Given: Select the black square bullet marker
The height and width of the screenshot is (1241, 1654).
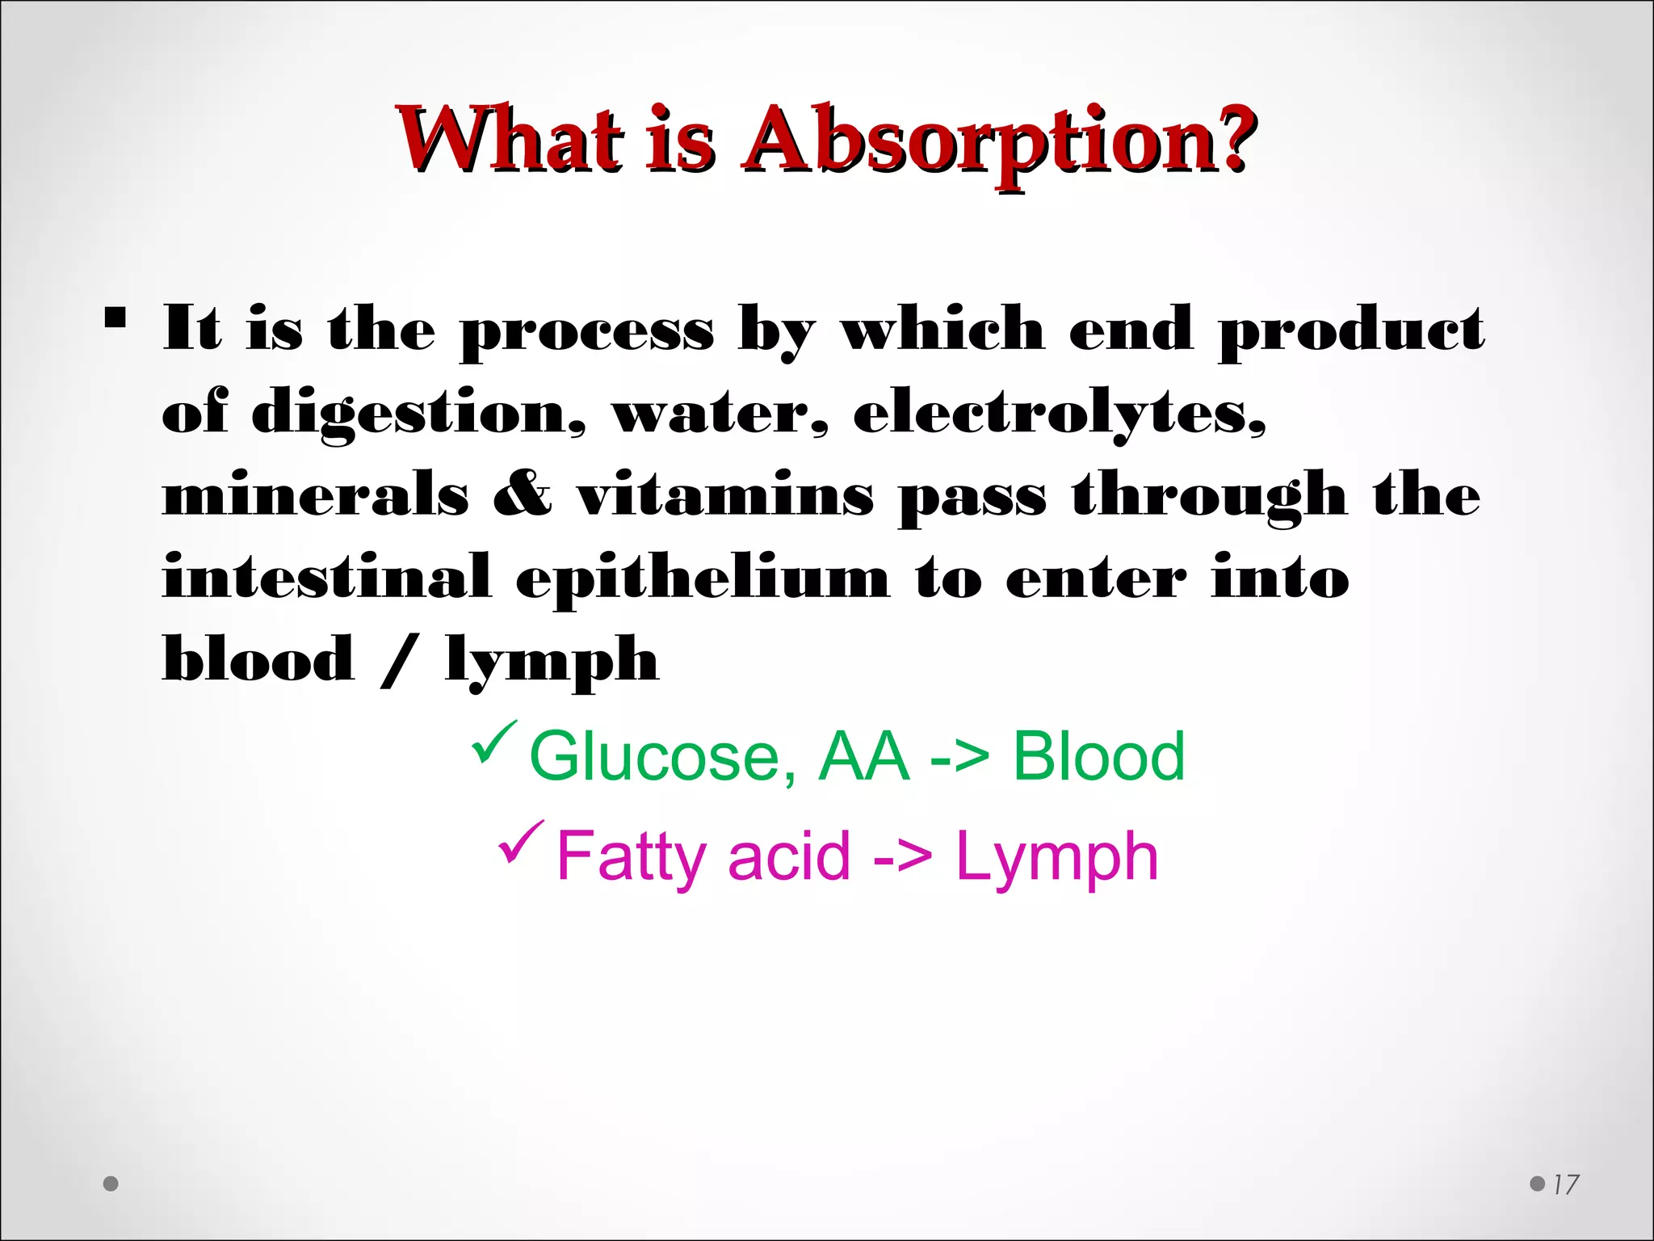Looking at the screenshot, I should tap(115, 318).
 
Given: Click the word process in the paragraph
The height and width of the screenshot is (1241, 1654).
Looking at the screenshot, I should tap(587, 331).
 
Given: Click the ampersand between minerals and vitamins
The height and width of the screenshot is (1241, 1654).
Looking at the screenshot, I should tap(523, 494).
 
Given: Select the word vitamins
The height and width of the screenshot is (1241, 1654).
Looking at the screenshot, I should tap(724, 494).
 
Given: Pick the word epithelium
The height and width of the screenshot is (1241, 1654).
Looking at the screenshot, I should tap(703, 578).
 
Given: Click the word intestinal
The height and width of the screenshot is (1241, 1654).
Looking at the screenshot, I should tap(326, 577).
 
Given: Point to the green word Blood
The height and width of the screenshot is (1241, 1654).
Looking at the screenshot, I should tap(1098, 756).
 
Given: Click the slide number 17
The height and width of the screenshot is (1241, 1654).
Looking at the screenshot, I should tap(1565, 1184).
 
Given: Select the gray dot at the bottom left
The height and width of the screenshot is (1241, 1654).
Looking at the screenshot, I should tap(111, 1184).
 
